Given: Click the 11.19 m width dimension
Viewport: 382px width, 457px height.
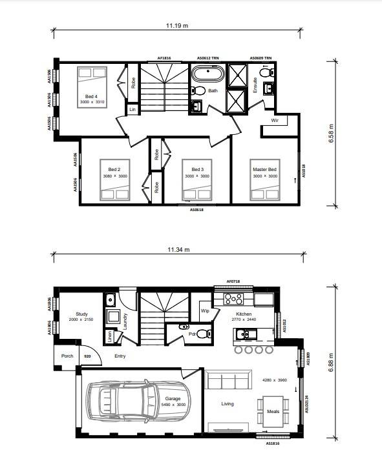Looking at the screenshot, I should [176, 26].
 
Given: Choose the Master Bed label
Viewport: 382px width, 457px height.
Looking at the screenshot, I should [264, 170].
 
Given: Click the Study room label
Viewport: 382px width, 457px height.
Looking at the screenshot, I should [81, 314].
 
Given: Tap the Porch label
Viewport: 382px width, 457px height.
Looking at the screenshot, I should [67, 356].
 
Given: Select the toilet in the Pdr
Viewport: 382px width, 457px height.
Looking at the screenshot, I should [203, 334].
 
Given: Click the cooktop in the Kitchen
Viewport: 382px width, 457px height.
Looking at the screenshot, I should [233, 299].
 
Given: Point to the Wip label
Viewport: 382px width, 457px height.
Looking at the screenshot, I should [205, 311].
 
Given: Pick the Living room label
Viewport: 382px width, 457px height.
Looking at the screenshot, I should [228, 405].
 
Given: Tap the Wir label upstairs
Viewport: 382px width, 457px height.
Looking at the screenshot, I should [275, 121].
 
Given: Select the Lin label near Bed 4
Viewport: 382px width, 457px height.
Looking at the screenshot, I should [132, 110].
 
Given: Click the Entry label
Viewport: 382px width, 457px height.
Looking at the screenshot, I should [119, 356].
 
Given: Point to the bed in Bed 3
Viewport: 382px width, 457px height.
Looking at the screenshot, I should [196, 190].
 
